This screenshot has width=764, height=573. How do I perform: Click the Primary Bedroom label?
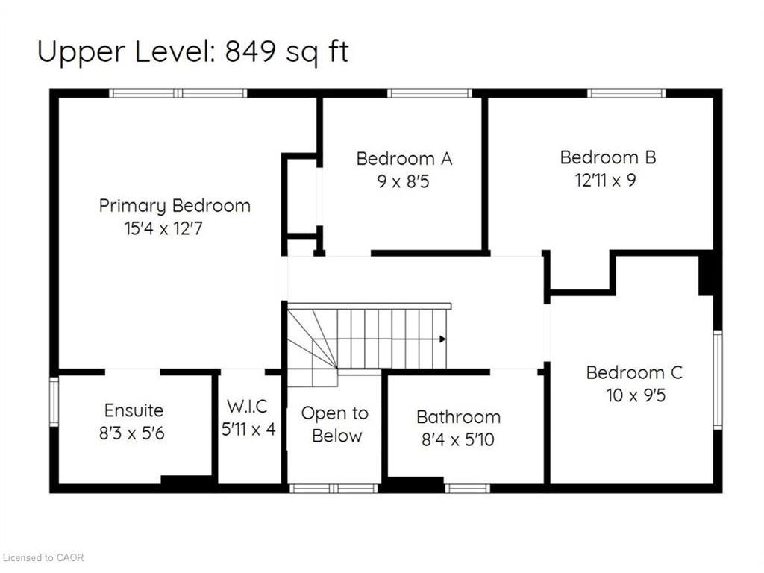175,206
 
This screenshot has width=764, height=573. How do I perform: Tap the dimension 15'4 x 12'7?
163,228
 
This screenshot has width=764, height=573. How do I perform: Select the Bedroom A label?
404,158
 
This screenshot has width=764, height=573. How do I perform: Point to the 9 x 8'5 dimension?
403,182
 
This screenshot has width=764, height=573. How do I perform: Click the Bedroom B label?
608,157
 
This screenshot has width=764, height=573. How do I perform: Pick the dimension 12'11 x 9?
606,181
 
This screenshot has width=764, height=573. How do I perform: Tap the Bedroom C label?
634,373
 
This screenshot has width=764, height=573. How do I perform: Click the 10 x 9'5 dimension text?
636,395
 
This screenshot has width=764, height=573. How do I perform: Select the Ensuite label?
134,410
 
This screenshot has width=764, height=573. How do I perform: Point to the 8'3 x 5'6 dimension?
132,433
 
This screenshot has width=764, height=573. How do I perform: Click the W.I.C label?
247,407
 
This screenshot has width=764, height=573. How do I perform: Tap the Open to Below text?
335,425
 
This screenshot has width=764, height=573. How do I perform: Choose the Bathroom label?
459,417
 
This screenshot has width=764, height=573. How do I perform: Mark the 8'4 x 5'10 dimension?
458,439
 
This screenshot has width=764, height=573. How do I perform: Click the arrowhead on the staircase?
443,339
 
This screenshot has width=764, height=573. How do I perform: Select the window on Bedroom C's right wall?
718,380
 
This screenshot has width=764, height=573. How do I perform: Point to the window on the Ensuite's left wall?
54,401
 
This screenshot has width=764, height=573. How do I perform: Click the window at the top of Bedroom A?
430,93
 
